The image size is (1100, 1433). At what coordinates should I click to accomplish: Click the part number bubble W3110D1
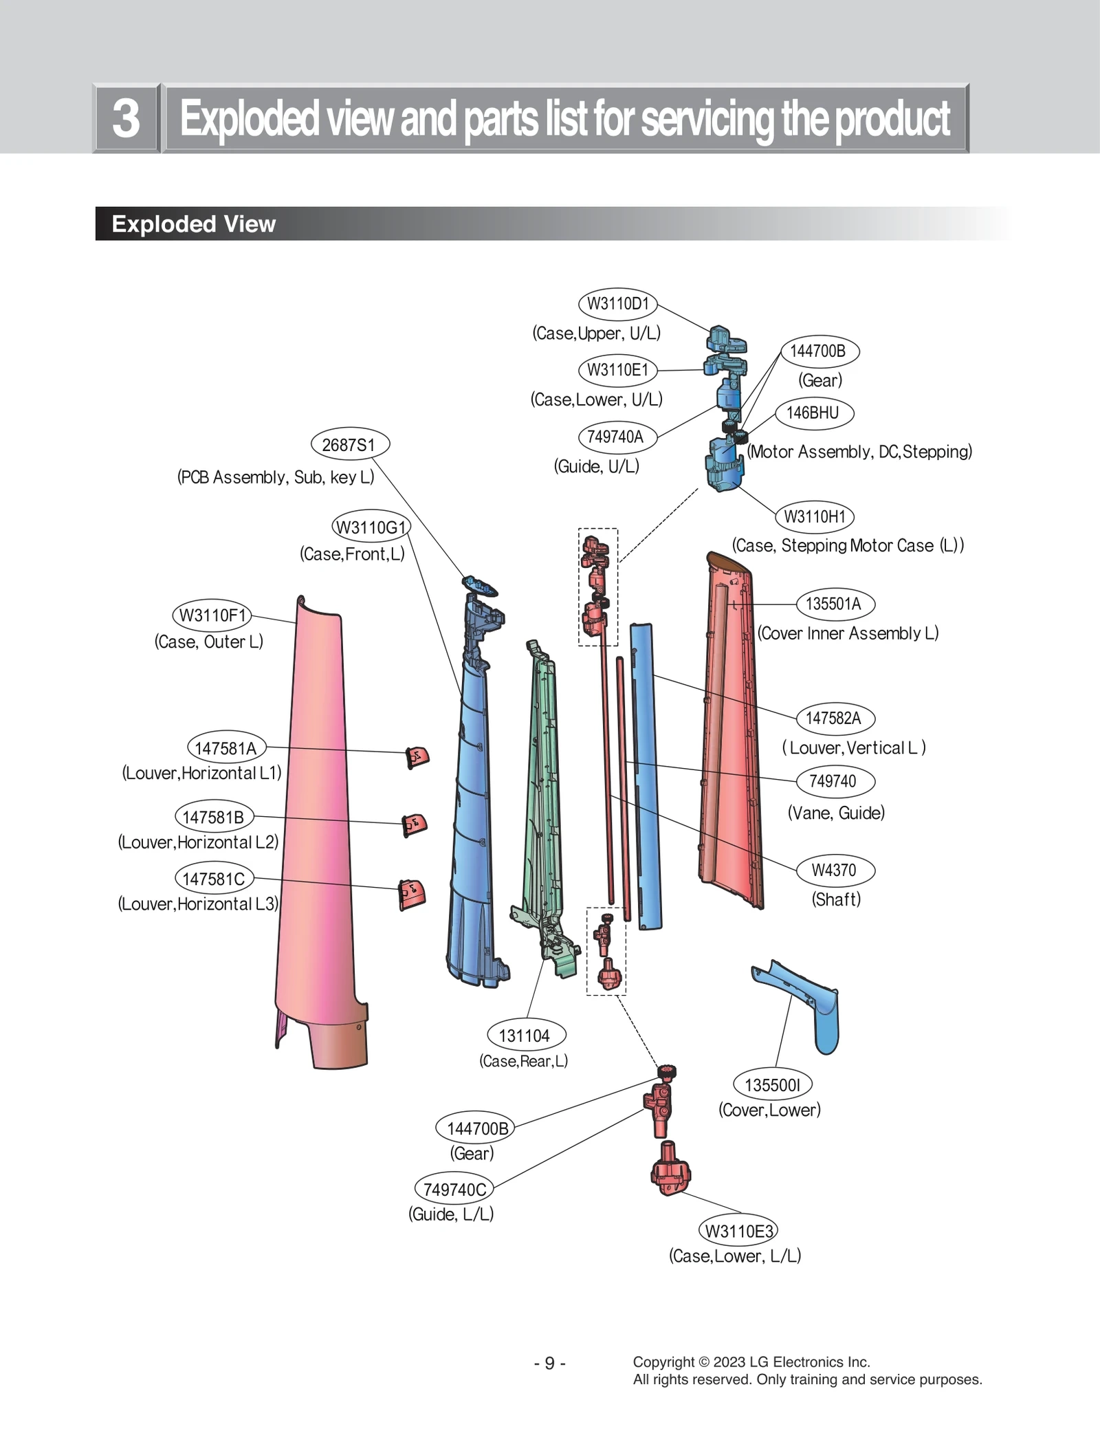[x=617, y=304]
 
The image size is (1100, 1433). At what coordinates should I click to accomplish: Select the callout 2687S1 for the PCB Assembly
[x=350, y=445]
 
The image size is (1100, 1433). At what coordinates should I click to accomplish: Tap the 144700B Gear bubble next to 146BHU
[x=817, y=351]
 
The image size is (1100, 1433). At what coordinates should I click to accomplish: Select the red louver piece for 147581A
[x=417, y=757]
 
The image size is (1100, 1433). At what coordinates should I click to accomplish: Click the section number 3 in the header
[x=126, y=118]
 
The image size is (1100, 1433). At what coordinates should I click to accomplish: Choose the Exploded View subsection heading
[x=193, y=224]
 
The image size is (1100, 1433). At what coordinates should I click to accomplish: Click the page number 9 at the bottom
[x=549, y=1363]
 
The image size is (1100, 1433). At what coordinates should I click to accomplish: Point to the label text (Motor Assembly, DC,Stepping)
[x=859, y=452]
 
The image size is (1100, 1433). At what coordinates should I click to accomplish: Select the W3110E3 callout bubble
[x=738, y=1231]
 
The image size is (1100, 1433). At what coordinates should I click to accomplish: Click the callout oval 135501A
[x=834, y=604]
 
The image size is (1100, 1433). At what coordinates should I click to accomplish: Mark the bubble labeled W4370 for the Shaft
[x=834, y=870]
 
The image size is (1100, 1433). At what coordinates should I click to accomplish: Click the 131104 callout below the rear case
[x=525, y=1036]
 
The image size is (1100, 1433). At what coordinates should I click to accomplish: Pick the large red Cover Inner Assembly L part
[x=732, y=743]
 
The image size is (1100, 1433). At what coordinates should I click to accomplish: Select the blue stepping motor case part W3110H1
[x=724, y=464]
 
